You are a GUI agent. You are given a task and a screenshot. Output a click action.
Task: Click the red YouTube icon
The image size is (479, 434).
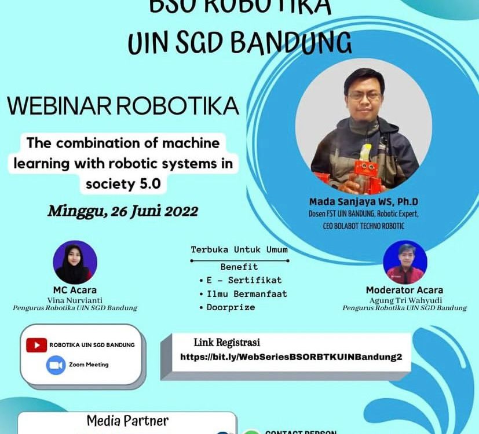coord(36,345)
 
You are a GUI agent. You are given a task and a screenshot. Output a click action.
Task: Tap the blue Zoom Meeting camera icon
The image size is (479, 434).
coord(56,365)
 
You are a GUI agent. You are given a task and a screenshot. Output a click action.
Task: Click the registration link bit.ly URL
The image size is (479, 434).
coord(291,357)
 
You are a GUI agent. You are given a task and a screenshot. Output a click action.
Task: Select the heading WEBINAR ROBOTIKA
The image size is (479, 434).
coord(123,106)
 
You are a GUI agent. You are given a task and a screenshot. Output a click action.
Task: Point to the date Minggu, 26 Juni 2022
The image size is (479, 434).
coord(123,211)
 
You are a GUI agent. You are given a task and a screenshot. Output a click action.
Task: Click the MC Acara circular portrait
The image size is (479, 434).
coord(75,262)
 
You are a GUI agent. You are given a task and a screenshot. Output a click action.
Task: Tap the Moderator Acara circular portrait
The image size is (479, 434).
coord(405,262)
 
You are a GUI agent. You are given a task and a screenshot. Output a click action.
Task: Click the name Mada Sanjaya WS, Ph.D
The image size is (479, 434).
coord(364,202)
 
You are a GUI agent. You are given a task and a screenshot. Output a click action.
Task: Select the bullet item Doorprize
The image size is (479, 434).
coord(231,307)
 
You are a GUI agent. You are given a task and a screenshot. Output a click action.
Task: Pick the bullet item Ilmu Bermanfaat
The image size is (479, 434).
coord(247,294)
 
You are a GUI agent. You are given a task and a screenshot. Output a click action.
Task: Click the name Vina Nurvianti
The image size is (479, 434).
coord(75,300)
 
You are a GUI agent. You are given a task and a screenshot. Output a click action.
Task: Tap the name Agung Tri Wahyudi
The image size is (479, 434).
coord(404,300)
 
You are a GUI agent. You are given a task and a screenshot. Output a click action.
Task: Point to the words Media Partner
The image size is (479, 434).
coord(127,421)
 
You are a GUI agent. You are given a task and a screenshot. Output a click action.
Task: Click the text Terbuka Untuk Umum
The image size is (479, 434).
coord(239,250)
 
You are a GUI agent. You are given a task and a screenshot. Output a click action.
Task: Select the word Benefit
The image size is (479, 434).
coord(239,267)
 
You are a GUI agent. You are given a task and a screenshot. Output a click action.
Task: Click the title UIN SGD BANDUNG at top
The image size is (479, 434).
coord(239,42)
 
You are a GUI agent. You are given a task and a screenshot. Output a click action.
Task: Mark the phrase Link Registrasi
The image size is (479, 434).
coord(226,341)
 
